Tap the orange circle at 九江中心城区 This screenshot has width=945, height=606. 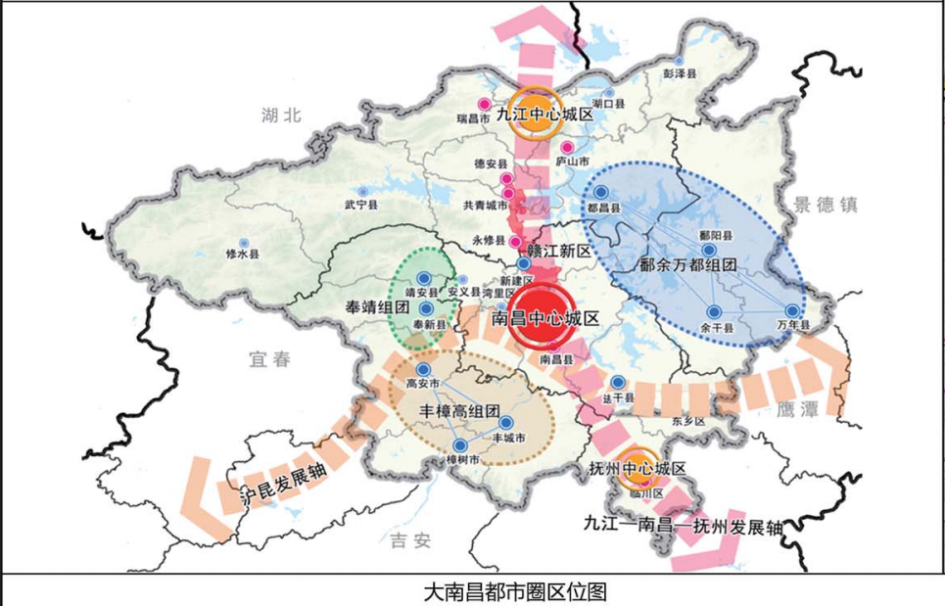click(535, 115)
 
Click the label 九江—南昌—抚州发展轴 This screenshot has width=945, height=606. click(682, 527)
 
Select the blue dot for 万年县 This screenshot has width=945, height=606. click(792, 310)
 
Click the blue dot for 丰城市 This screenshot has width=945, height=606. click(506, 422)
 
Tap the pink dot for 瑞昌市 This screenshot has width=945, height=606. click(483, 104)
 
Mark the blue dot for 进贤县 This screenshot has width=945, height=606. click(618, 383)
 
